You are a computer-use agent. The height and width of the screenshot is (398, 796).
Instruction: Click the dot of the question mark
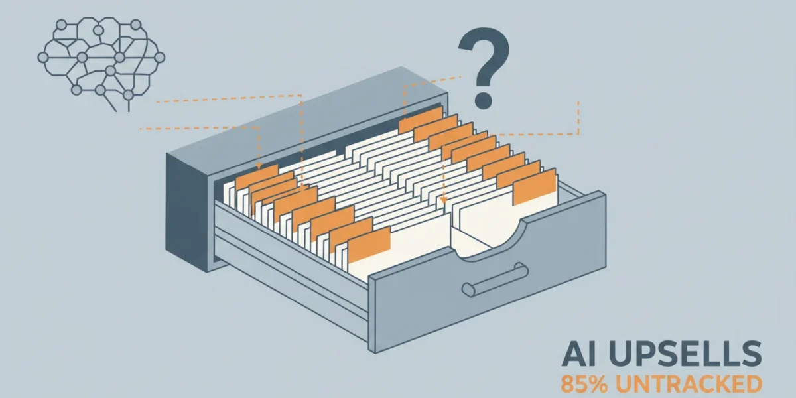(484, 99)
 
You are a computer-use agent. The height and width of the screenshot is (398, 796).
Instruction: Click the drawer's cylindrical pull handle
(495, 280)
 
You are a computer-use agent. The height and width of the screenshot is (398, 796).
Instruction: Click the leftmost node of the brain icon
(43, 57)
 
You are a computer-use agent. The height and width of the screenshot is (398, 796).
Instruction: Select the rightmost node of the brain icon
(160, 57)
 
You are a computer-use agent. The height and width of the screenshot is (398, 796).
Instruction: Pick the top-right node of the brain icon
(136, 25)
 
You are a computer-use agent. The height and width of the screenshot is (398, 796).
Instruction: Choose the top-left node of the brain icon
(62, 25)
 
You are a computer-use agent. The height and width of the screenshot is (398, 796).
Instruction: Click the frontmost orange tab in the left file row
(369, 244)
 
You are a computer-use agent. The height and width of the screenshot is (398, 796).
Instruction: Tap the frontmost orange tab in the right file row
(534, 186)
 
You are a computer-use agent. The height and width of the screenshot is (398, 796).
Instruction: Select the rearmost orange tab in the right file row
(421, 120)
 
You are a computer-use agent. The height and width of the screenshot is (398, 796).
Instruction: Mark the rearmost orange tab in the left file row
(257, 176)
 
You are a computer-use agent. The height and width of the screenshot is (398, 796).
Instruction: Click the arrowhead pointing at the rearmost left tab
(259, 166)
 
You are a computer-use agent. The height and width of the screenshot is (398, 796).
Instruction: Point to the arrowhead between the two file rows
(443, 200)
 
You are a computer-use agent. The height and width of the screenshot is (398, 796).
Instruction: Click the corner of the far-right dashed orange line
(578, 134)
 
